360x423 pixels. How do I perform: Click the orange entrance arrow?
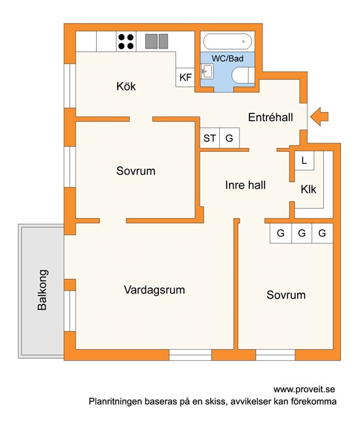[x=319, y=117]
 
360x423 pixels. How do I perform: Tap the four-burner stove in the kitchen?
[x=126, y=41]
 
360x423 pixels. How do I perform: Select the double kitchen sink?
[x=156, y=41]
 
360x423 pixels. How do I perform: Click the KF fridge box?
[x=185, y=77]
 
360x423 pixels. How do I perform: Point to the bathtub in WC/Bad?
[x=227, y=41]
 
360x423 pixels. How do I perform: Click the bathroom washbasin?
[x=207, y=71]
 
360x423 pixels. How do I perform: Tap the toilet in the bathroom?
[x=243, y=75]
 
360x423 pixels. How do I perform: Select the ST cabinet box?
[x=210, y=138]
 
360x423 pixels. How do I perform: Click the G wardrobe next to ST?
[x=230, y=138]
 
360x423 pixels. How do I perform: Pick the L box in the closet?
[x=304, y=161]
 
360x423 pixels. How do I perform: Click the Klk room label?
[x=308, y=189]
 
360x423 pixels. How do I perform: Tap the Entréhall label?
[x=270, y=117]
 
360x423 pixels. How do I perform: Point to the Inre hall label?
[x=245, y=185]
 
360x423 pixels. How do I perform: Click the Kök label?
[x=126, y=86]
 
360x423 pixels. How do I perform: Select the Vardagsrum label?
[x=154, y=290]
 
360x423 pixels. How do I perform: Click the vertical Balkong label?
[x=43, y=290]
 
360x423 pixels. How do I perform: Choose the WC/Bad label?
[x=227, y=58]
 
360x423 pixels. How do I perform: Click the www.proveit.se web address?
[x=304, y=390]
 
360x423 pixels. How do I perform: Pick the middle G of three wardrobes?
[x=302, y=233]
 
